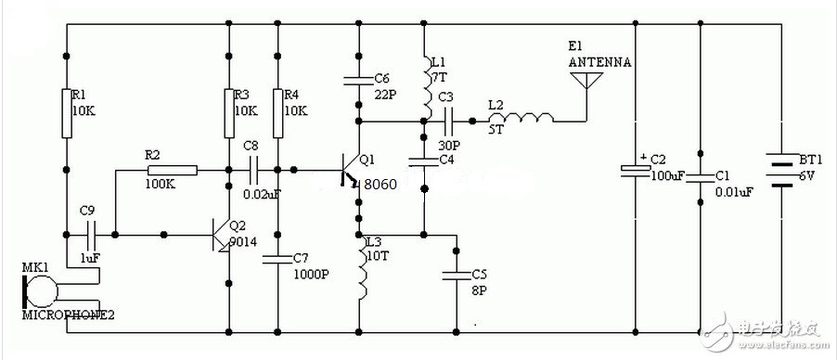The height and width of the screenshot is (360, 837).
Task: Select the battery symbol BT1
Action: (x=782, y=171)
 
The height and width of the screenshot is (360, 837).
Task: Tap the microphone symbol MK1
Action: (x=41, y=291)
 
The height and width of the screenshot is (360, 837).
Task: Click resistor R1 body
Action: (x=66, y=113)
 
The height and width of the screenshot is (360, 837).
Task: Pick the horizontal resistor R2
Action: (x=173, y=171)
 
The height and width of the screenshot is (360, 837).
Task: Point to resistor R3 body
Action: (x=229, y=113)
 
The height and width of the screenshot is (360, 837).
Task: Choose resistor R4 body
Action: (x=277, y=113)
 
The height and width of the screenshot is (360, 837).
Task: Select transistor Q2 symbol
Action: (x=221, y=235)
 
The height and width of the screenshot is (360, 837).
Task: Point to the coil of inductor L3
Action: (x=363, y=267)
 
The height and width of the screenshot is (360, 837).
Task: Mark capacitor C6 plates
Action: (x=359, y=81)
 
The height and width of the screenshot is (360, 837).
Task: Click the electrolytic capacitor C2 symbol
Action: (x=636, y=170)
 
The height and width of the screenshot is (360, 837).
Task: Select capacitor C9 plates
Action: (x=91, y=235)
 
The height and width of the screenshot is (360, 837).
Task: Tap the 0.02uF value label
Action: (x=262, y=195)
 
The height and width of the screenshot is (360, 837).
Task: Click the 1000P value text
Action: (x=311, y=275)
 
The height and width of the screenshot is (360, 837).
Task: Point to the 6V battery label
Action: (x=807, y=176)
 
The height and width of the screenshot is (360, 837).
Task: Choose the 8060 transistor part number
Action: (x=380, y=185)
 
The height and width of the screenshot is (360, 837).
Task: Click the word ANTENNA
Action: (x=600, y=62)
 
